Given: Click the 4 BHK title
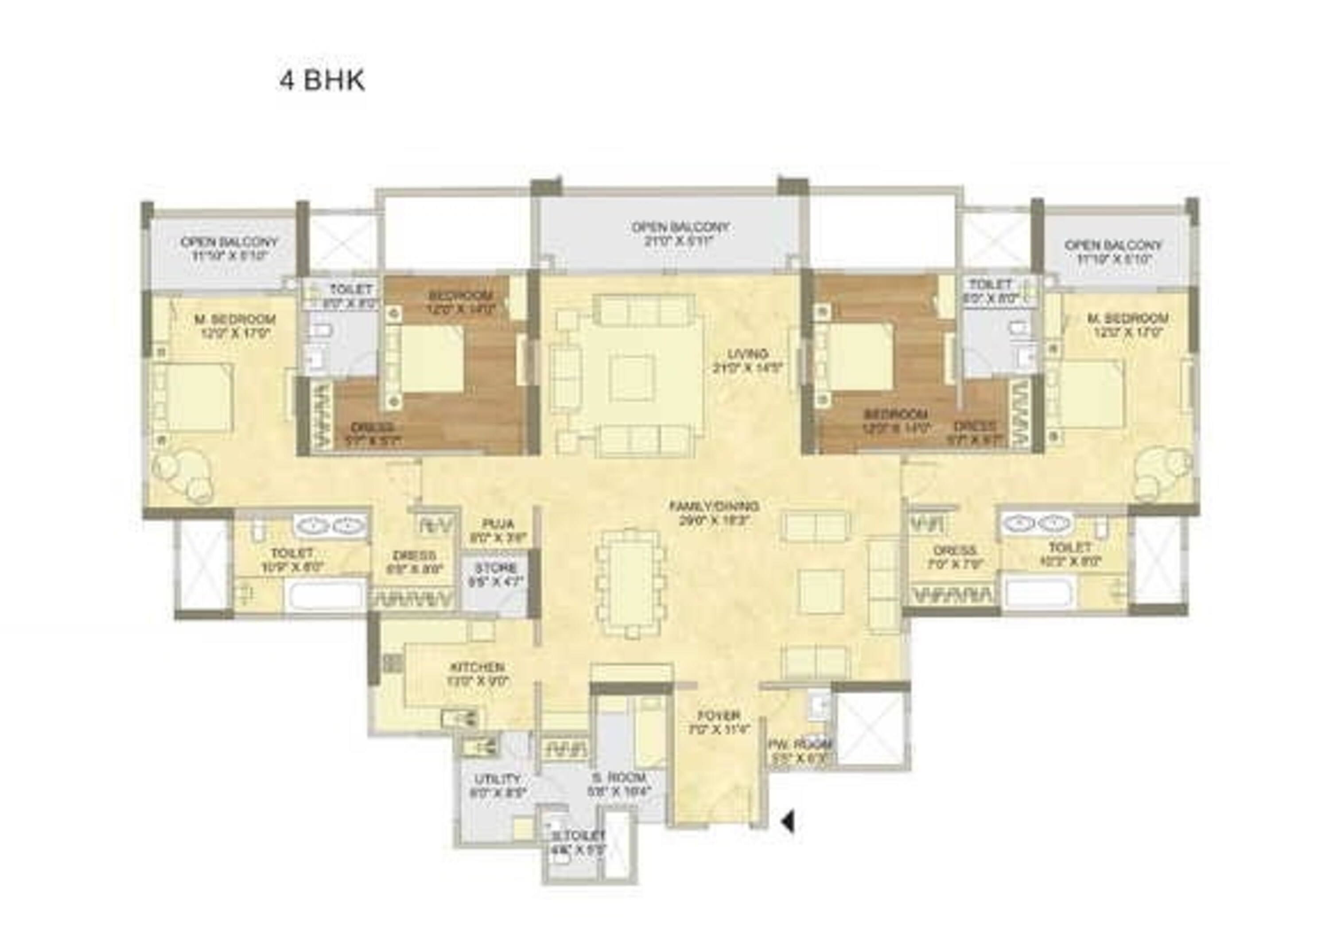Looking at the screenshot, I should (x=322, y=80).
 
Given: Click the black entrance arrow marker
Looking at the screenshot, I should (x=788, y=822).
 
